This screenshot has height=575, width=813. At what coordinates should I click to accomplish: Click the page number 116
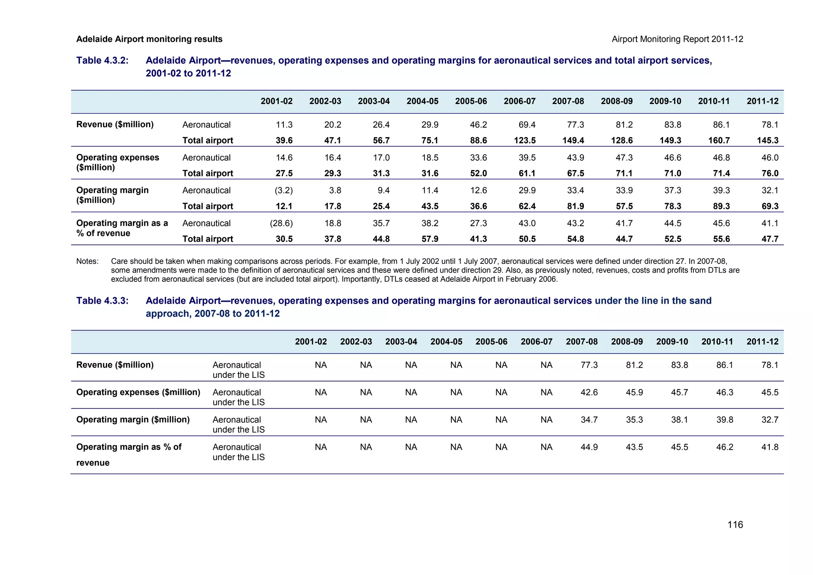[x=735, y=525]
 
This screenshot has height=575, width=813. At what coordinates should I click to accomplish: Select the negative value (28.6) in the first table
[x=281, y=223]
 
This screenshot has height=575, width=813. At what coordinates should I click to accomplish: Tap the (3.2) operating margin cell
[x=283, y=190]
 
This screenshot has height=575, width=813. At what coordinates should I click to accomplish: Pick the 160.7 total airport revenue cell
[x=719, y=140]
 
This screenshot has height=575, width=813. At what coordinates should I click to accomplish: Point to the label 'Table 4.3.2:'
[x=102, y=60]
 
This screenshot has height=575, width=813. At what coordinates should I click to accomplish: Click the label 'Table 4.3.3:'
[x=102, y=301]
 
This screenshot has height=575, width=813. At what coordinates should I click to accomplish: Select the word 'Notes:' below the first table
[x=87, y=261]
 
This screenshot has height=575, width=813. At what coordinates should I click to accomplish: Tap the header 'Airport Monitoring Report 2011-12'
[x=677, y=39]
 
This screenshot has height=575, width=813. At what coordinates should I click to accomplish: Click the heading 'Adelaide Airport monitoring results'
[x=149, y=39]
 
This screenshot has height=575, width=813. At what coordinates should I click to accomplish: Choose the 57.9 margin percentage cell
[x=430, y=239]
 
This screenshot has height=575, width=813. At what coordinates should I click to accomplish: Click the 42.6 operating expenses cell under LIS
[x=589, y=392]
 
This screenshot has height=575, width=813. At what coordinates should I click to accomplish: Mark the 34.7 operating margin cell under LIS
[x=589, y=420]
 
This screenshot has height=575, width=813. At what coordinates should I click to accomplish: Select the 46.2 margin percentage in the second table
[x=724, y=447]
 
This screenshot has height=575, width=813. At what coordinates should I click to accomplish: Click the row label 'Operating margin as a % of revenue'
[x=122, y=228]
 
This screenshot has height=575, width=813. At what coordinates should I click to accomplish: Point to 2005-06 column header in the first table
[x=471, y=101]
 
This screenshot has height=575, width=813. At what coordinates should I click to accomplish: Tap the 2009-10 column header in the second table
[x=672, y=342]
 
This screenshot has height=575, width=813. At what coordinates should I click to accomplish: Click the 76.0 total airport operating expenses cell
[x=770, y=173]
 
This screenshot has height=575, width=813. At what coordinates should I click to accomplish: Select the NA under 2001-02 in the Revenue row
[x=321, y=365]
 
